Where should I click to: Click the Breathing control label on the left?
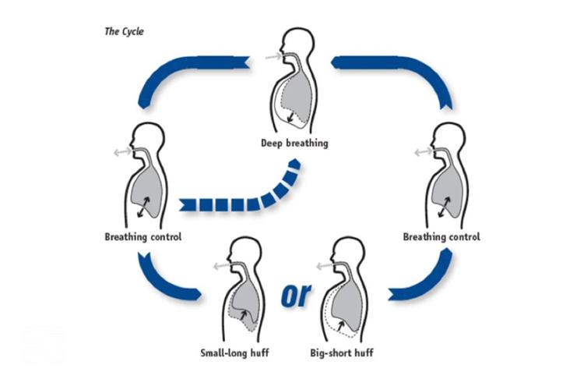142,236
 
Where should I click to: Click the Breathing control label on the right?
442,236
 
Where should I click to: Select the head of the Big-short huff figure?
347,250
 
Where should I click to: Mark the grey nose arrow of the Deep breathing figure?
271,55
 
